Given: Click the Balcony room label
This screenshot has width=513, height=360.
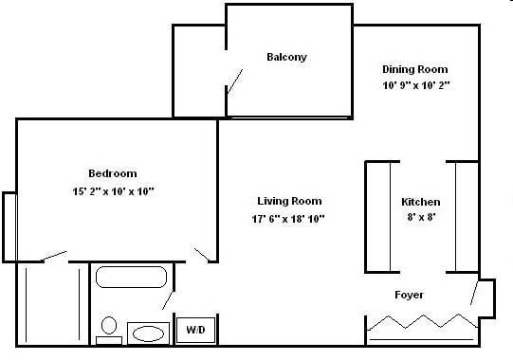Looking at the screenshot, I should (x=286, y=57).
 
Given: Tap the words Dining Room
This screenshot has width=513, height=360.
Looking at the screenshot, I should (x=414, y=69).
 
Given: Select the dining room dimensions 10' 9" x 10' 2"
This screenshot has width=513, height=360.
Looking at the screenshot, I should (x=414, y=85).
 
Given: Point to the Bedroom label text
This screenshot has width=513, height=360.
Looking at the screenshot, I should (x=113, y=173).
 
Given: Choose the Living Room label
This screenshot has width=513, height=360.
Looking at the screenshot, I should (x=289, y=201).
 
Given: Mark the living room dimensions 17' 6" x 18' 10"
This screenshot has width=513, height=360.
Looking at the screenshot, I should (x=289, y=219).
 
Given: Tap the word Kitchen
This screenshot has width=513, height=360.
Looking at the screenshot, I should (x=421, y=203).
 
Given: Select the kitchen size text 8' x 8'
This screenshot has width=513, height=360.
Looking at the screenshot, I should (x=421, y=217).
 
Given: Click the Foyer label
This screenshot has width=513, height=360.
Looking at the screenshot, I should (x=410, y=295).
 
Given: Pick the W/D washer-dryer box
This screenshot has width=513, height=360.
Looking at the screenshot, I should (x=194, y=331).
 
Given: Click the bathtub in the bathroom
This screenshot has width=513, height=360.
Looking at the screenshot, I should (x=132, y=278).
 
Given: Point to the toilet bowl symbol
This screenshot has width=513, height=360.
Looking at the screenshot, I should (x=109, y=327).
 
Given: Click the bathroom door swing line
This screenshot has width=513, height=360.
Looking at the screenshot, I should (x=168, y=298).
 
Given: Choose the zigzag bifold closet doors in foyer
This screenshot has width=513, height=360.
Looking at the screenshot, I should (x=421, y=324).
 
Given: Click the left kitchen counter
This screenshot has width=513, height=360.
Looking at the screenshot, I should (x=378, y=217).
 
